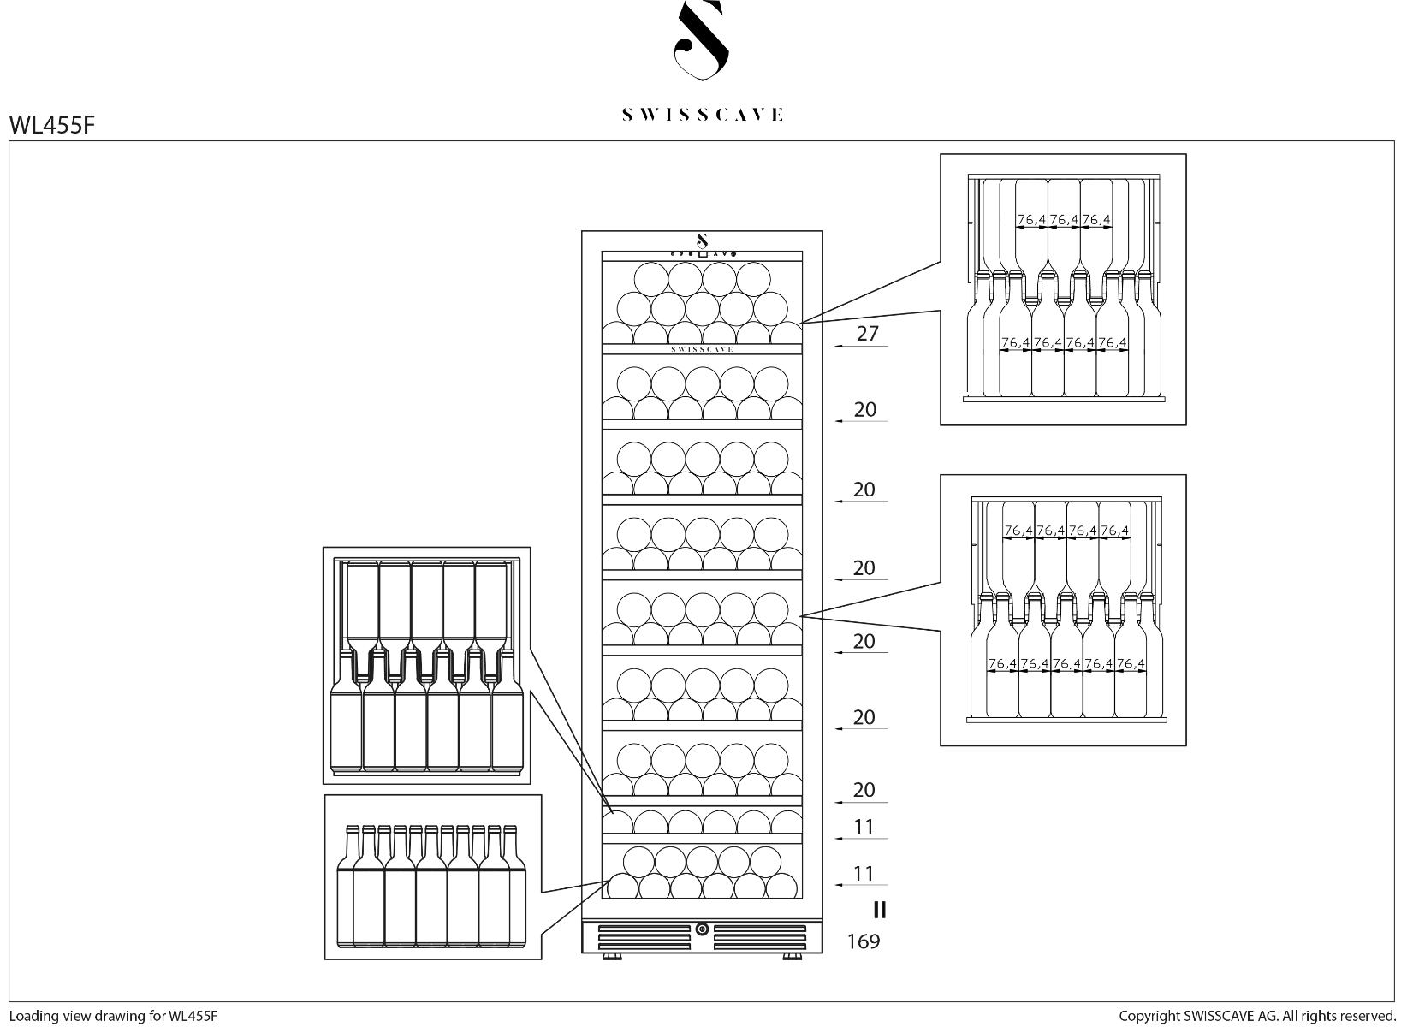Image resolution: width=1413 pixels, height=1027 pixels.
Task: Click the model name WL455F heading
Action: tap(51, 125)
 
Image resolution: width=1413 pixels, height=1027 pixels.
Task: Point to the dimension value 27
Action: tap(867, 334)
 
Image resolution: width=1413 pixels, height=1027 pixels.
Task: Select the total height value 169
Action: tap(863, 942)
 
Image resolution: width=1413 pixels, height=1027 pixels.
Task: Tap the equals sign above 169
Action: tap(879, 909)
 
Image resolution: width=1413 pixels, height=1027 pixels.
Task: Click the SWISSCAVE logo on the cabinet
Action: tap(702, 349)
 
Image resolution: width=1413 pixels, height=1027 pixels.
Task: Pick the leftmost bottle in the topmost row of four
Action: tap(651, 279)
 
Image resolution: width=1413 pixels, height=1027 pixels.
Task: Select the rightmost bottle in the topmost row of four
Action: tap(753, 279)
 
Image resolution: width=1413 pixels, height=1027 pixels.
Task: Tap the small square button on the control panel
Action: tap(702, 253)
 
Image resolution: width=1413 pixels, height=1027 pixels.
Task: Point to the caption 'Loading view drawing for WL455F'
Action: tap(114, 1016)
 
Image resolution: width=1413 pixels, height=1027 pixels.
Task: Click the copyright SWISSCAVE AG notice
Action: tap(1257, 1016)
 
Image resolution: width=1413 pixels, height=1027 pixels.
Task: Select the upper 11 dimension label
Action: tap(864, 827)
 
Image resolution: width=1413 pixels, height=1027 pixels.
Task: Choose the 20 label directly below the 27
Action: tap(864, 410)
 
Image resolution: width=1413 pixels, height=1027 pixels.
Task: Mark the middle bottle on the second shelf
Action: tap(702, 384)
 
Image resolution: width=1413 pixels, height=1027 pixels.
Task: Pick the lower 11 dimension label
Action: tap(864, 874)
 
